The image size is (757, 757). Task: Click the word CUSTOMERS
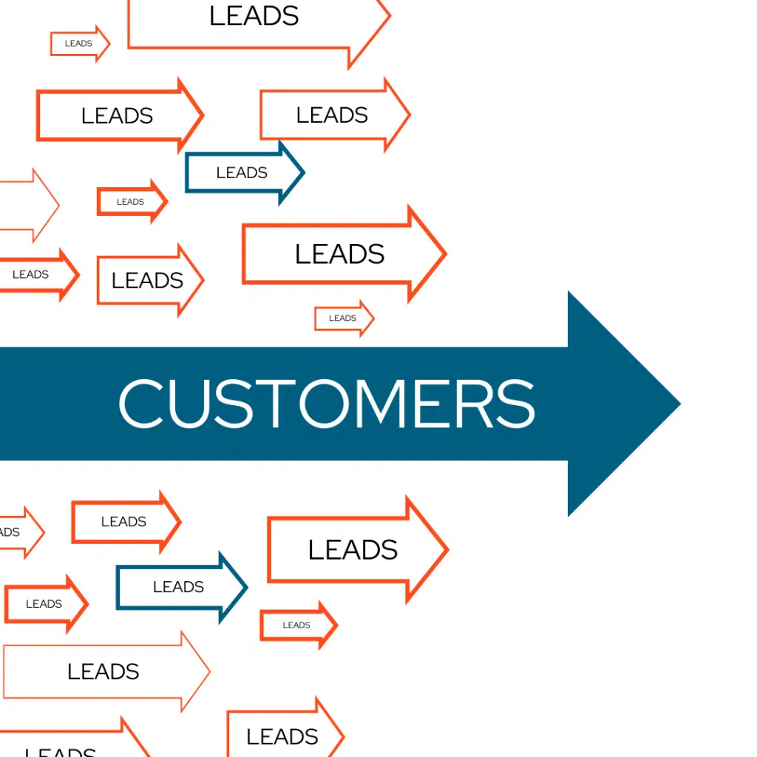326,404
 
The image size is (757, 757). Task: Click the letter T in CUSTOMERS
267,404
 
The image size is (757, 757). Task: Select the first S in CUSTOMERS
228,404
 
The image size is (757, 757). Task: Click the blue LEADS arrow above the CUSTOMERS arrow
244,173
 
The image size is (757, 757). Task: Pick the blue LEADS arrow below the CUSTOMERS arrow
181,587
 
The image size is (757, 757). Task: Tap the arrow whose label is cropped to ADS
18,532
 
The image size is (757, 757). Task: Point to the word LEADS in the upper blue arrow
242,173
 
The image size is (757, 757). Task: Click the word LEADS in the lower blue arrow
178,587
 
